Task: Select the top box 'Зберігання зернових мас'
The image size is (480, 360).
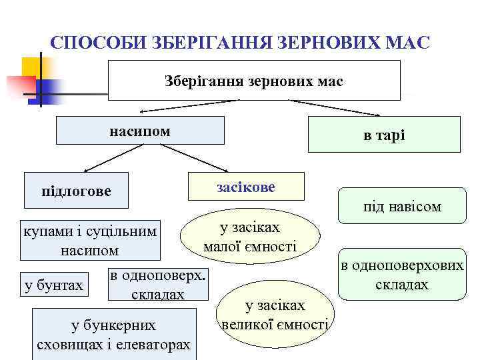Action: coord(253,81)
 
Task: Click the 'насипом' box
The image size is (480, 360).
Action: coord(139,131)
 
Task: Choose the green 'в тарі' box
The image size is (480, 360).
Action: coord(384,135)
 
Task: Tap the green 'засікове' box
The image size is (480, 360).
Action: coord(246,186)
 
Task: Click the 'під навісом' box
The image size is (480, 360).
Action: coord(402,207)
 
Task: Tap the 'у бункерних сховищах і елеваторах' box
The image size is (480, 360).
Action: coord(113,335)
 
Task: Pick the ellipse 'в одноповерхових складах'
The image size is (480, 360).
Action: coord(402,275)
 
